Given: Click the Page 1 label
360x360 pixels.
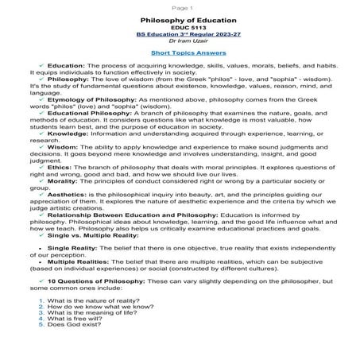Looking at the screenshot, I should coord(180,5).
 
